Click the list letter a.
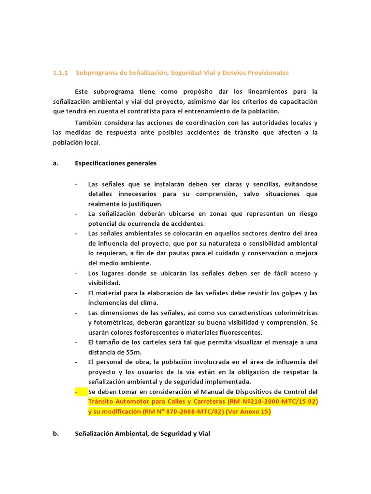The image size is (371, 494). click(55, 163)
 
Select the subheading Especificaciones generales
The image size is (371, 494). click(116, 163)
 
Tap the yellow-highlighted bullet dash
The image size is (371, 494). click(77, 392)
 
